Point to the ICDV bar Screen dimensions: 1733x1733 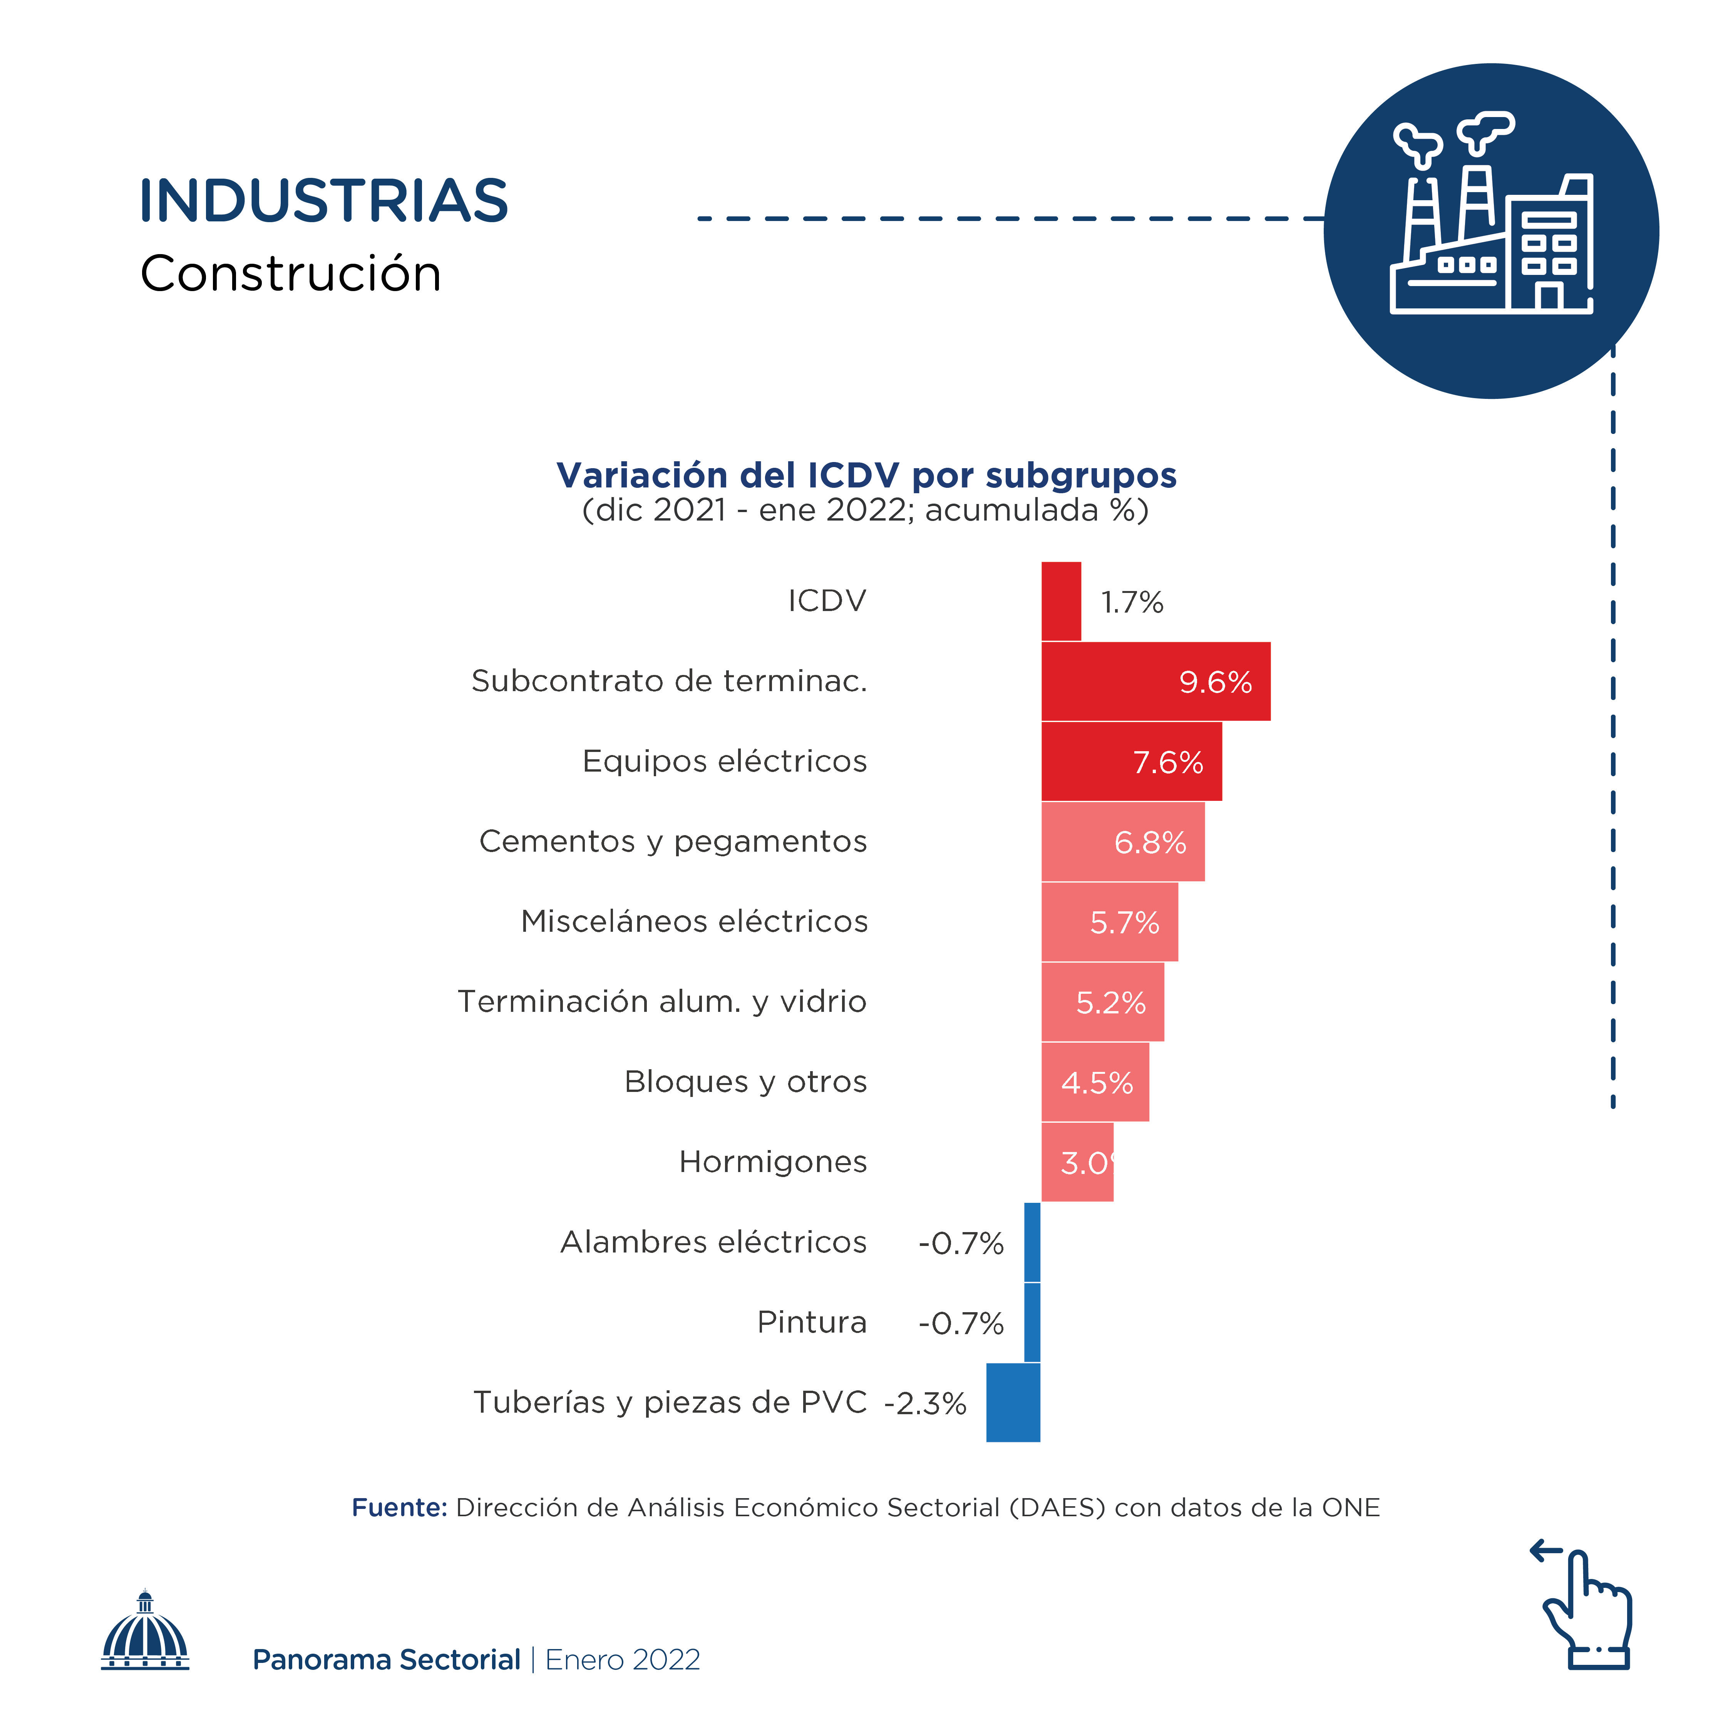1061,601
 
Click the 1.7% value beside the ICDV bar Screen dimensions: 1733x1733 1132,602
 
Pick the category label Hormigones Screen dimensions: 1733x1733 772,1162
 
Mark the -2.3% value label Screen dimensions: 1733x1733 925,1403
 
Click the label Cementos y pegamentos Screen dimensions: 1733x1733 673,841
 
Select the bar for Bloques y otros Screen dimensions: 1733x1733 1095,1082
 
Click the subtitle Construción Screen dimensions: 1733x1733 291,274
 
